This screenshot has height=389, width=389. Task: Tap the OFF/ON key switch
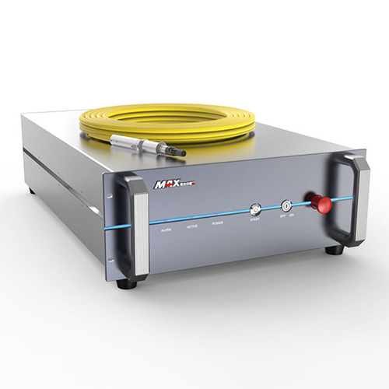click(x=286, y=206)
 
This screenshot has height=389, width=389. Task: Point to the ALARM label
click(x=165, y=231)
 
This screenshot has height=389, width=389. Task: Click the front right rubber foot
click(x=335, y=249)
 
